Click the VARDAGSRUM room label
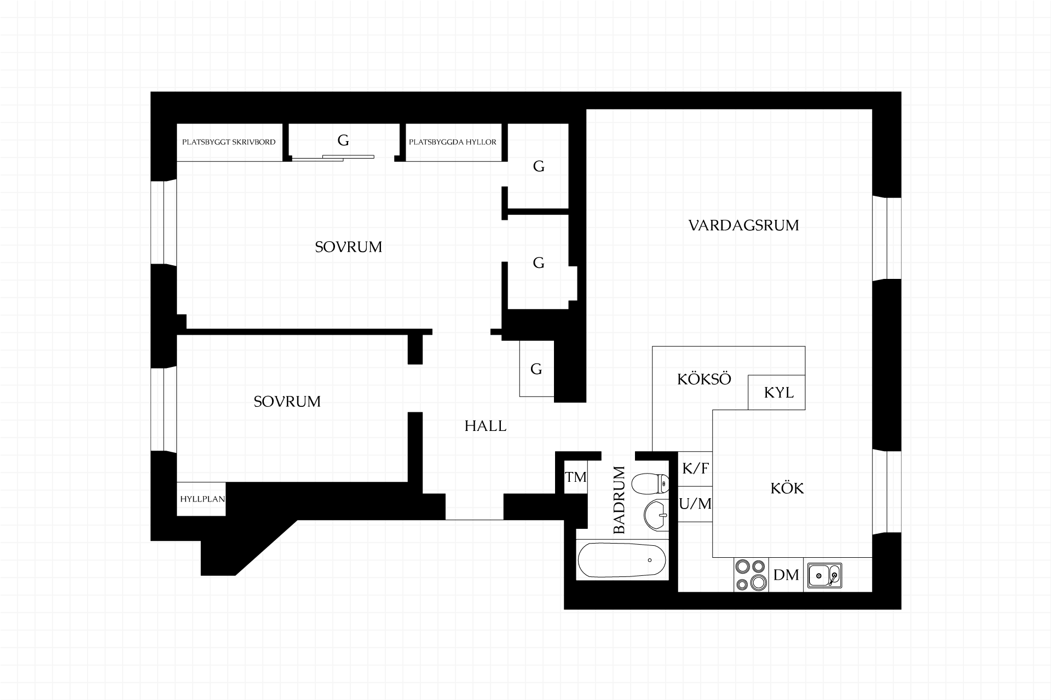pos(743,225)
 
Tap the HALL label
pos(486,426)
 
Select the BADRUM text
pos(619,500)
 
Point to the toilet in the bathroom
pos(650,483)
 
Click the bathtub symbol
pos(622,560)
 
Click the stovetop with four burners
pos(751,575)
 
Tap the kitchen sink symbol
pos(824,575)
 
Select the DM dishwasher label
pos(786,575)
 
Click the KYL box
pos(777,393)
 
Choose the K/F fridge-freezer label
pos(696,469)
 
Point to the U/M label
pos(696,504)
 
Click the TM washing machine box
pos(576,477)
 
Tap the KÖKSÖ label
pos(704,380)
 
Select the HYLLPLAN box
pos(201,499)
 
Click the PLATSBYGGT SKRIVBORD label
pos(229,142)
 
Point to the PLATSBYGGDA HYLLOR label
pos(453,142)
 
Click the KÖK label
pos(787,488)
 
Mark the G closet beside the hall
pos(536,369)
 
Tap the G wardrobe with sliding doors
pos(343,141)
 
